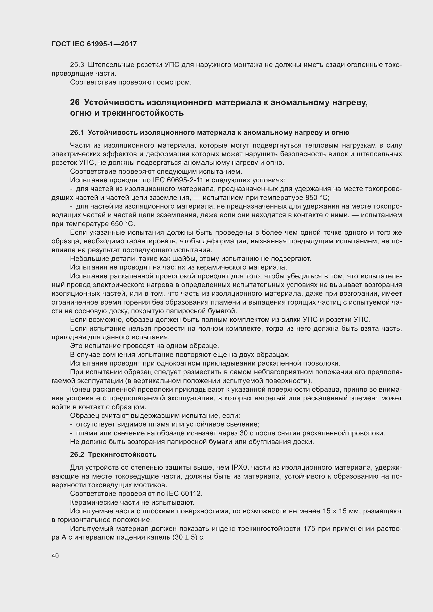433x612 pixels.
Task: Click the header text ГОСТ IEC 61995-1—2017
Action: (94, 44)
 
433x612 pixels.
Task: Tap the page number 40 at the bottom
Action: (55, 556)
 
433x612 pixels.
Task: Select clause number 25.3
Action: (77, 65)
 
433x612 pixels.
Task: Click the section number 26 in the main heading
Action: (75, 102)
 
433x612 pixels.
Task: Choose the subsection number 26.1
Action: (76, 132)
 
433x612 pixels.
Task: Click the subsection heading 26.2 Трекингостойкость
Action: (113, 454)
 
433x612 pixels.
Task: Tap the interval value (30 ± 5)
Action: (185, 537)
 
